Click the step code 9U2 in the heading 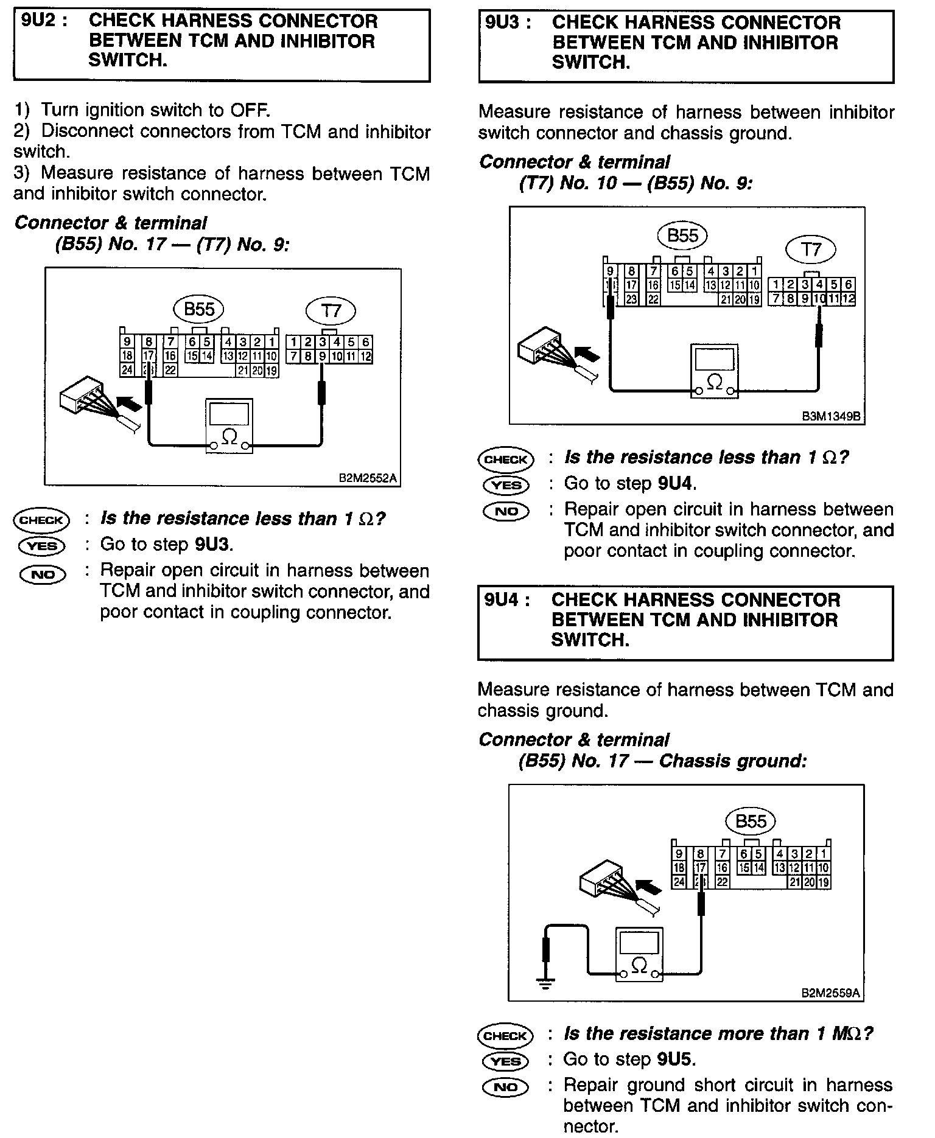[40, 21]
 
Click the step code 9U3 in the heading [503, 23]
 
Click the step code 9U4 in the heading [503, 600]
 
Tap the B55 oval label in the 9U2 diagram [199, 309]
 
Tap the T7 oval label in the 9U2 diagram [331, 312]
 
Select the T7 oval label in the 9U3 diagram [811, 250]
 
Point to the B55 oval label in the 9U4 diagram [751, 821]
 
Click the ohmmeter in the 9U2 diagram [229, 427]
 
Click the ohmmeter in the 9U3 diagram [715, 372]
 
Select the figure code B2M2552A [368, 478]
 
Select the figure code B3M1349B [831, 417]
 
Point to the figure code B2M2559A [830, 993]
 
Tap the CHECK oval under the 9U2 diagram [41, 520]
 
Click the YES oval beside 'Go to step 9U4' [506, 485]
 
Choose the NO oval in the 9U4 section [505, 1087]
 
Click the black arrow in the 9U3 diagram [587, 354]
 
